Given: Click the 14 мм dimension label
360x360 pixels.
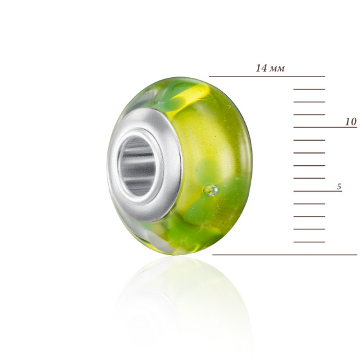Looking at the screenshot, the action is (x=270, y=68).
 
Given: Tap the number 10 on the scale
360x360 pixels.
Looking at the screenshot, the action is (x=351, y=122).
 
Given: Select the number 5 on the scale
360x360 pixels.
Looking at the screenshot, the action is (x=339, y=186).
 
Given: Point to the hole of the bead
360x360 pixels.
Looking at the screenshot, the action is (x=138, y=166).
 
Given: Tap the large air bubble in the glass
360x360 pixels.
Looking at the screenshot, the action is (x=211, y=190).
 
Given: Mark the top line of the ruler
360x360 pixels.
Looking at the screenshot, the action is (x=267, y=76).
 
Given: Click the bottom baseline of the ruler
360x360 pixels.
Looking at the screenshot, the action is (x=285, y=255).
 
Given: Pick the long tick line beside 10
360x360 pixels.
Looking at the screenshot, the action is (x=325, y=127).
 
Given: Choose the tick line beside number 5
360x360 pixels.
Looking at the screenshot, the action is (x=318, y=191).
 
